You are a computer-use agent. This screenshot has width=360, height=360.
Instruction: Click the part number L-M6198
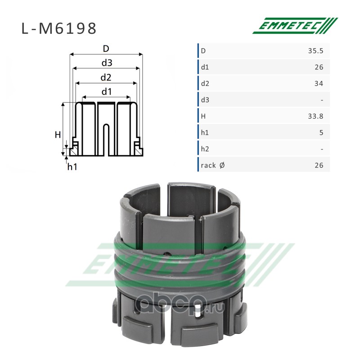pyautogui.click(x=59, y=28)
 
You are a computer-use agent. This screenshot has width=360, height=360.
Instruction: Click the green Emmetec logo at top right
pyautogui.click(x=295, y=26)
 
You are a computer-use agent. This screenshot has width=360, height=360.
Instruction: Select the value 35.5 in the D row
pyautogui.click(x=315, y=51)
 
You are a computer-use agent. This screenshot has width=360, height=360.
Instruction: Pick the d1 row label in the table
pyautogui.click(x=205, y=67)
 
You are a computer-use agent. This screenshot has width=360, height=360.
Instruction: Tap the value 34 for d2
pyautogui.click(x=319, y=83)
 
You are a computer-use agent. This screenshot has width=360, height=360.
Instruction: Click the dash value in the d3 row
pyautogui.click(x=322, y=100)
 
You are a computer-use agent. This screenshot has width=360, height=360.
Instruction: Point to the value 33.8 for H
pyautogui.click(x=315, y=116)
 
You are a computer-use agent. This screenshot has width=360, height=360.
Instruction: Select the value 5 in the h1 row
pyautogui.click(x=321, y=132)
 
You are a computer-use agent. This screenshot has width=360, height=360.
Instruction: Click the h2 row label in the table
pyautogui.click(x=205, y=149)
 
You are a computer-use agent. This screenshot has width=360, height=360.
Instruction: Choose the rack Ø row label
pyautogui.click(x=212, y=165)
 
